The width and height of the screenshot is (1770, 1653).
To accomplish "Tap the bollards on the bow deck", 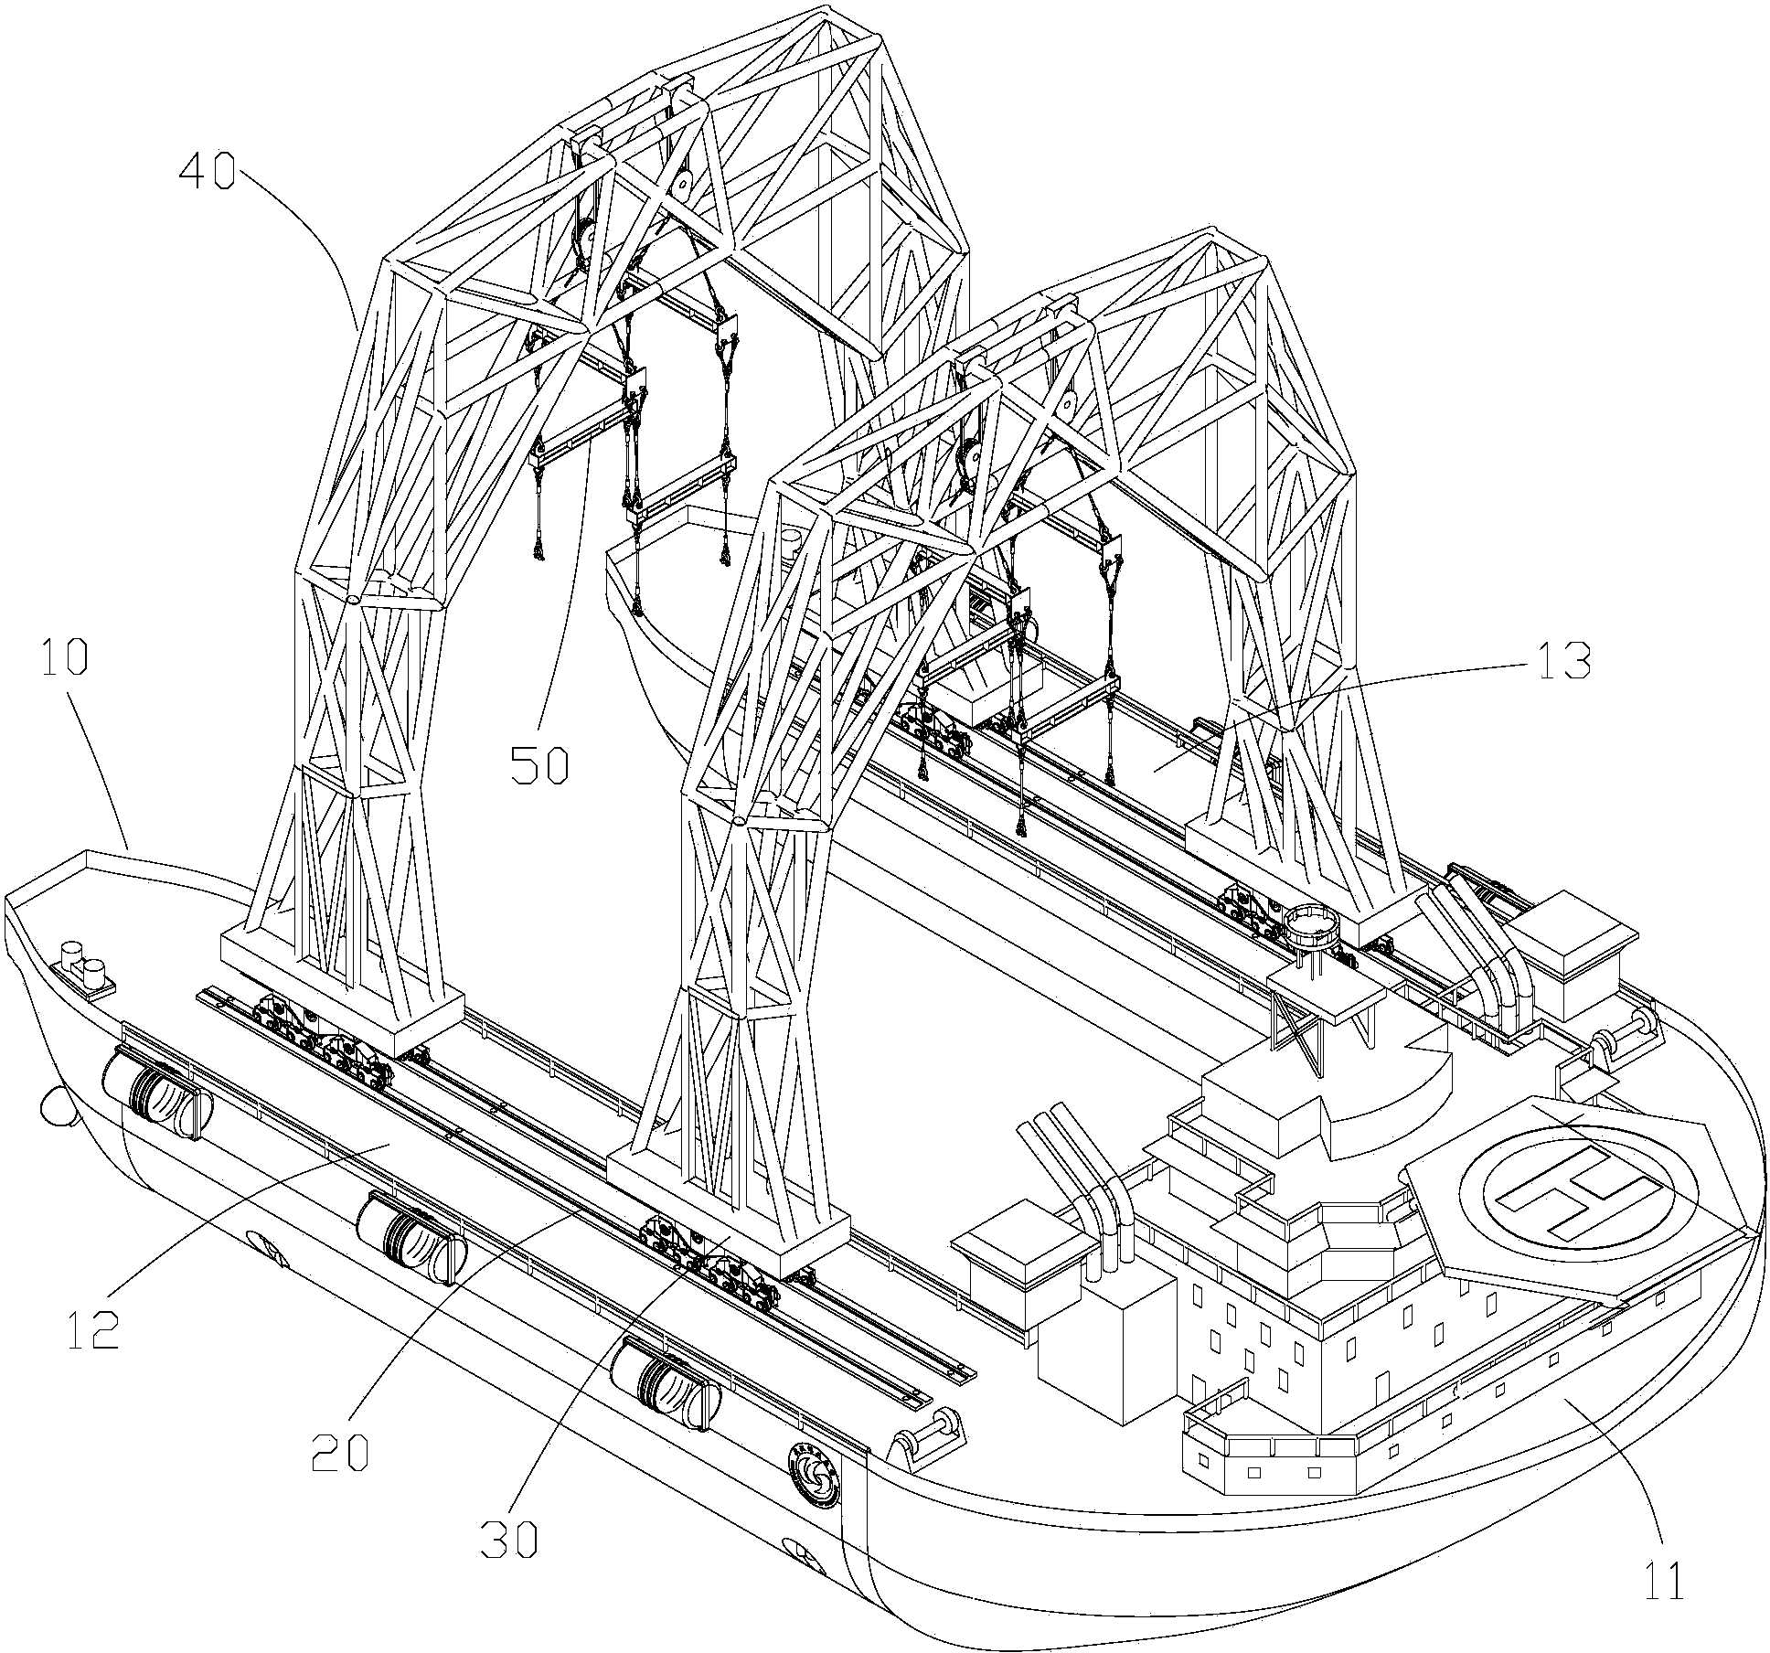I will [x=83, y=970].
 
